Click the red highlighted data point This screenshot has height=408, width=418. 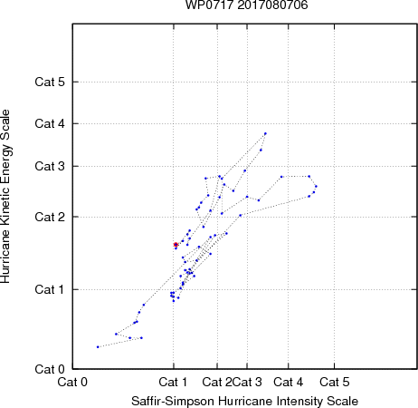[x=176, y=245]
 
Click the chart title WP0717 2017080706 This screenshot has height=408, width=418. [x=246, y=5]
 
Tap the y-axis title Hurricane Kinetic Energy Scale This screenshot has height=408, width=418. [x=5, y=197]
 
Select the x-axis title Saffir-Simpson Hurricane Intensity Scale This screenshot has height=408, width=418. [x=244, y=401]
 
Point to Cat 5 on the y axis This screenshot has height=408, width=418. [x=50, y=82]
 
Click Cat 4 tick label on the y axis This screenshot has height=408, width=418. [x=50, y=123]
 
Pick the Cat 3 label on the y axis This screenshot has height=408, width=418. [x=50, y=166]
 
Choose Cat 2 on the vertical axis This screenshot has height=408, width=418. [x=50, y=217]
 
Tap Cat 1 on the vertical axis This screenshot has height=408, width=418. [x=50, y=289]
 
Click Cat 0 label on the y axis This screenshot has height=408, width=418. [x=50, y=369]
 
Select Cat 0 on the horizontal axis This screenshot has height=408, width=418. [x=72, y=382]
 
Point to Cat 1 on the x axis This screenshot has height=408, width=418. [x=173, y=382]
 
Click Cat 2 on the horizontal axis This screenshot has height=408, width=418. [x=217, y=382]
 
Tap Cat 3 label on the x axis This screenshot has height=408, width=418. [x=247, y=382]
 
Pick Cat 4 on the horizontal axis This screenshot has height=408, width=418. [x=289, y=382]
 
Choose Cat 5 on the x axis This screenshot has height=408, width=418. [x=335, y=382]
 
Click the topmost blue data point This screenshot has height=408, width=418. [x=265, y=133]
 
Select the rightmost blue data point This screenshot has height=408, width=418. [x=316, y=186]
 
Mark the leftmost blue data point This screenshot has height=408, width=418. [x=98, y=347]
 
